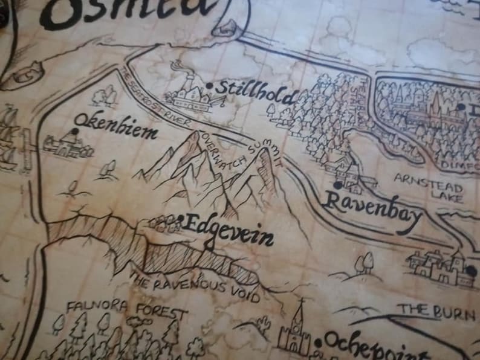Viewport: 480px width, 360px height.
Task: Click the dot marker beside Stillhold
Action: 209,86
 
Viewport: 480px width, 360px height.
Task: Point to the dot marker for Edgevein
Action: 181,219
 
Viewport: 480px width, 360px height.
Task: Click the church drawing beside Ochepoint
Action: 294,331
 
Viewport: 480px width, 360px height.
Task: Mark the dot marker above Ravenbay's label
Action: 337,185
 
